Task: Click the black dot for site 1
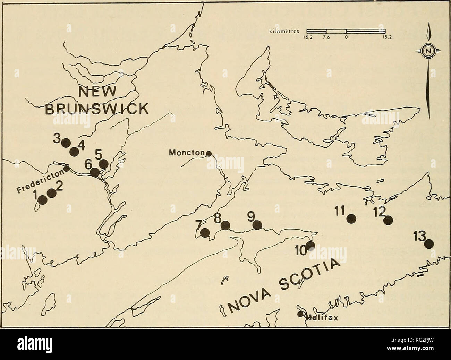pyautogui.click(x=42, y=199)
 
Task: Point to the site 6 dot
pyautogui.click(x=94, y=172)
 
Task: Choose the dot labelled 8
pyautogui.click(x=226, y=225)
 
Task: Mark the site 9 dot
pyautogui.click(x=257, y=225)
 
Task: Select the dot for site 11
pyautogui.click(x=351, y=218)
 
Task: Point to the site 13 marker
pyautogui.click(x=429, y=244)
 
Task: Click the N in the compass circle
pyautogui.click(x=429, y=52)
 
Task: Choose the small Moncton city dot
pyautogui.click(x=209, y=153)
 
